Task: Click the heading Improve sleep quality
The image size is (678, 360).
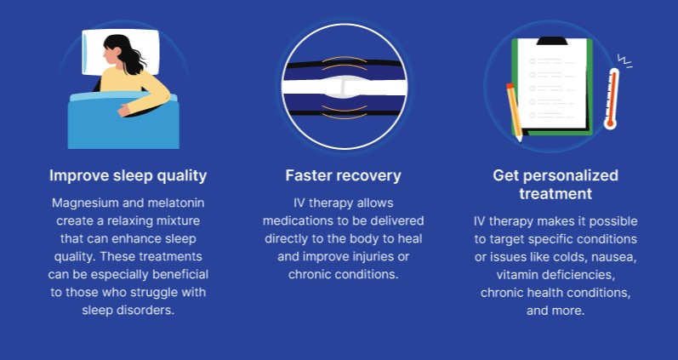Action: tap(128, 175)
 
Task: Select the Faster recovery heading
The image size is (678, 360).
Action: tap(343, 175)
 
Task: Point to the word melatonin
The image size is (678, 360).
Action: tap(175, 203)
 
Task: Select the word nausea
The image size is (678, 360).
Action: tap(612, 256)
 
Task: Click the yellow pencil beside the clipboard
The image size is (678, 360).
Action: tap(514, 111)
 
